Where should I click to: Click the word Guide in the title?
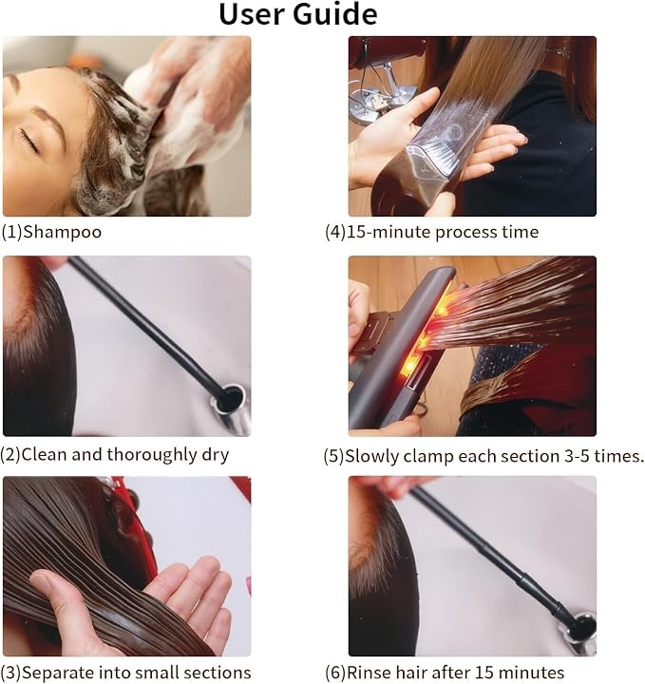(335, 13)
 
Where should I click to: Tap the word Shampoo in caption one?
(62, 232)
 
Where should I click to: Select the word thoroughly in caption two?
(152, 454)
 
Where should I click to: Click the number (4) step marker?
(335, 232)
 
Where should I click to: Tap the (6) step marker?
(335, 673)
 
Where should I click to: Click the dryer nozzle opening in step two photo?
(229, 397)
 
